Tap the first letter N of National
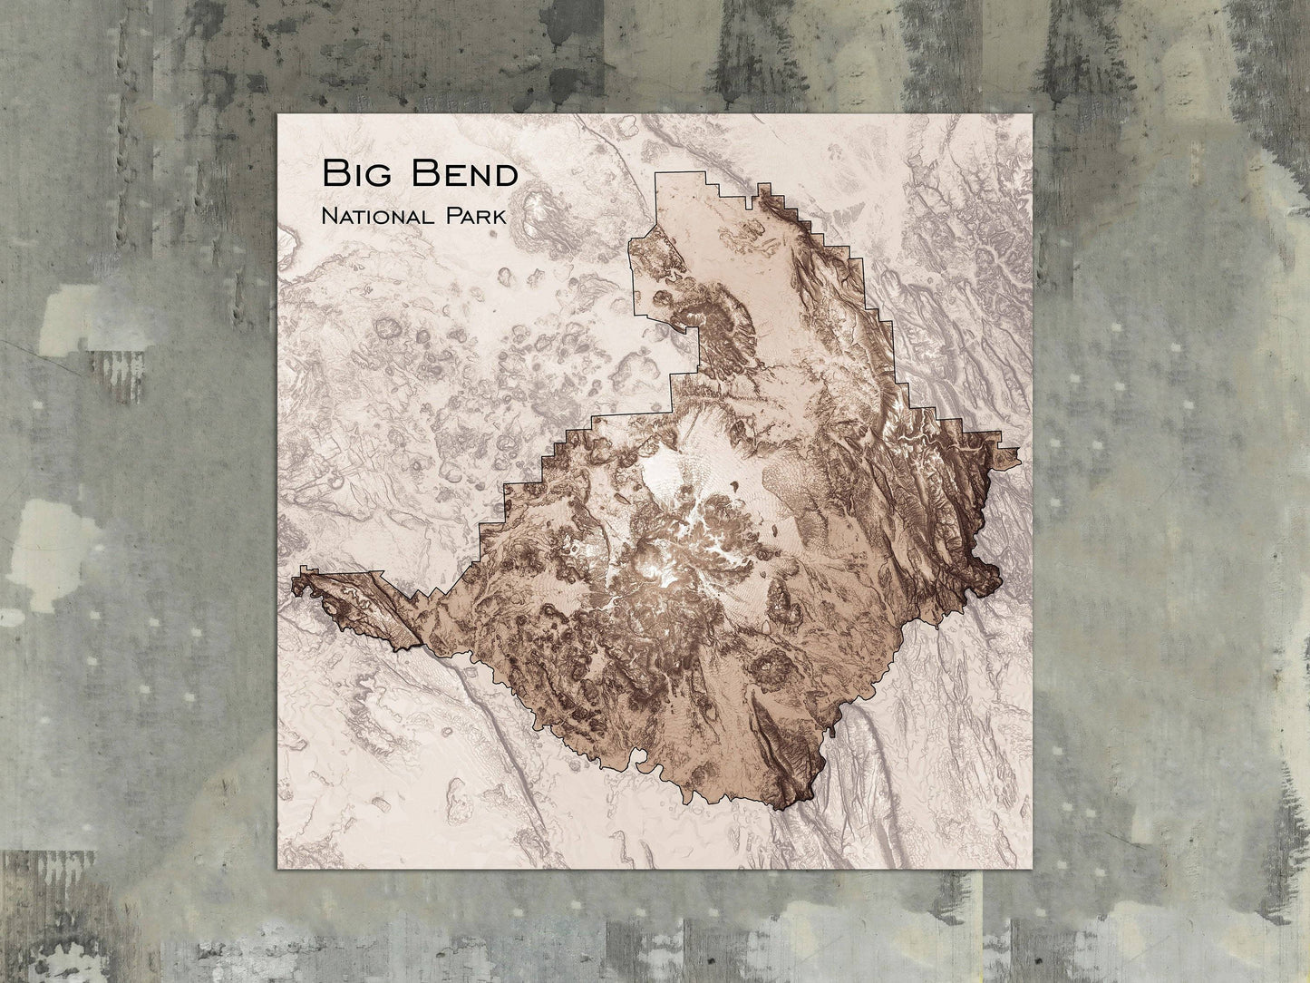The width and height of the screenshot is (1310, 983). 316,217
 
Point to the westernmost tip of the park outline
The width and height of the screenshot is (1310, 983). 293,586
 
